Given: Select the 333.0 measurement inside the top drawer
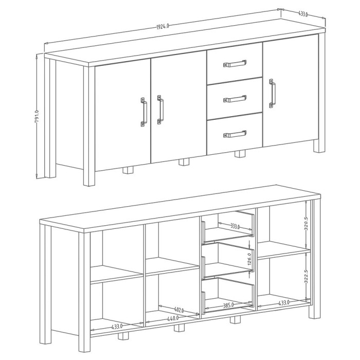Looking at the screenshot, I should pyautogui.click(x=235, y=225).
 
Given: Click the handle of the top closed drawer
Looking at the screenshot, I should pyautogui.click(x=235, y=64).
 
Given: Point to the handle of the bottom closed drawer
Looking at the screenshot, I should pyautogui.click(x=235, y=135).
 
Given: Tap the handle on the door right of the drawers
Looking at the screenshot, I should pyautogui.click(x=272, y=94).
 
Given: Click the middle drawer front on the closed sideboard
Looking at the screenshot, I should pyautogui.click(x=235, y=97).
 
